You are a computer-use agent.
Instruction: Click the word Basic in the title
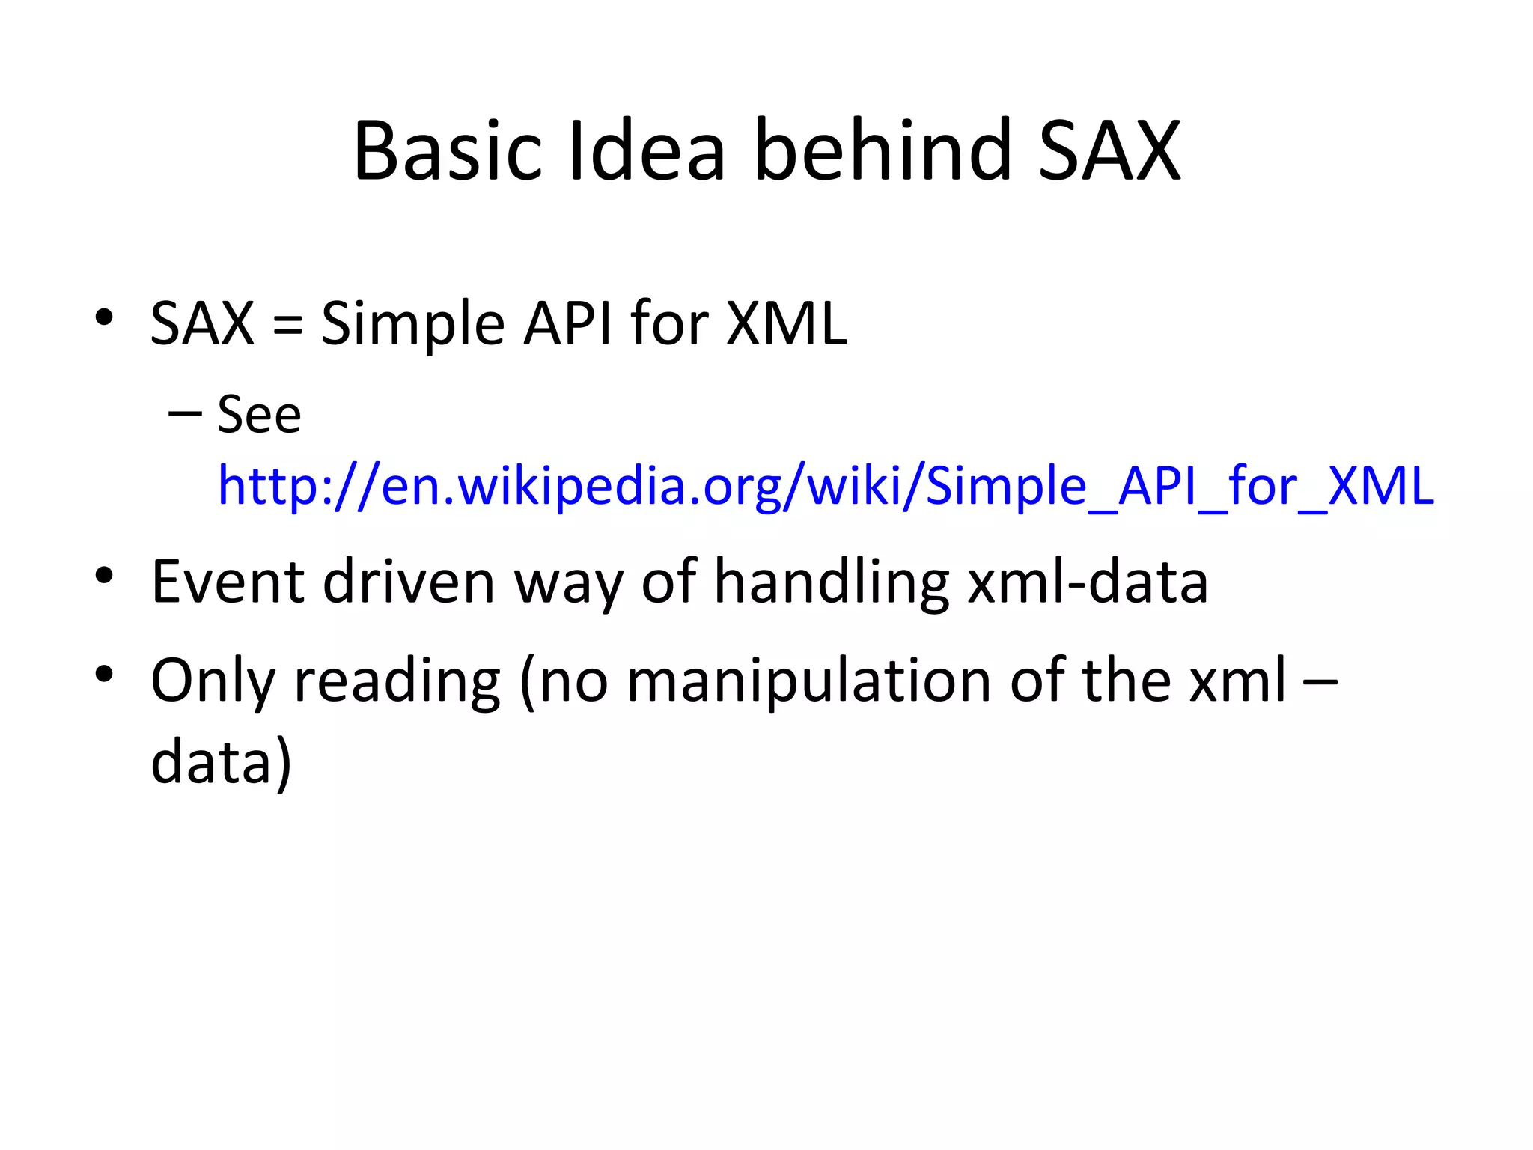click(447, 152)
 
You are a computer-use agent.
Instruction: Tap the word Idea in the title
click(647, 152)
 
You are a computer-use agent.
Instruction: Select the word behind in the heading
click(883, 152)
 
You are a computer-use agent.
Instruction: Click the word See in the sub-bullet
click(259, 415)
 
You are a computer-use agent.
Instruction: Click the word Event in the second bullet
click(228, 582)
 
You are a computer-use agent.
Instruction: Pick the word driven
click(409, 582)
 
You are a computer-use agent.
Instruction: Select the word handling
click(832, 582)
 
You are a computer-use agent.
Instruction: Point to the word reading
click(397, 681)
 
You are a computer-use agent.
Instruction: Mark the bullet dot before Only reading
click(104, 674)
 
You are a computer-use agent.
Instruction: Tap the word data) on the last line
click(221, 762)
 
